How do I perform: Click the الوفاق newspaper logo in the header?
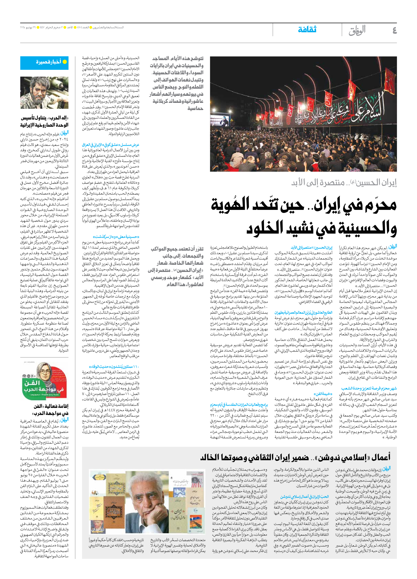[357, 30]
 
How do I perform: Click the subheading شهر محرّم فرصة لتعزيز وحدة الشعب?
[369, 389]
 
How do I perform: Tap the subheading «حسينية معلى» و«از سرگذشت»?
[116, 237]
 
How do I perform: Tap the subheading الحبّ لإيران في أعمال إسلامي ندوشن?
[305, 497]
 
